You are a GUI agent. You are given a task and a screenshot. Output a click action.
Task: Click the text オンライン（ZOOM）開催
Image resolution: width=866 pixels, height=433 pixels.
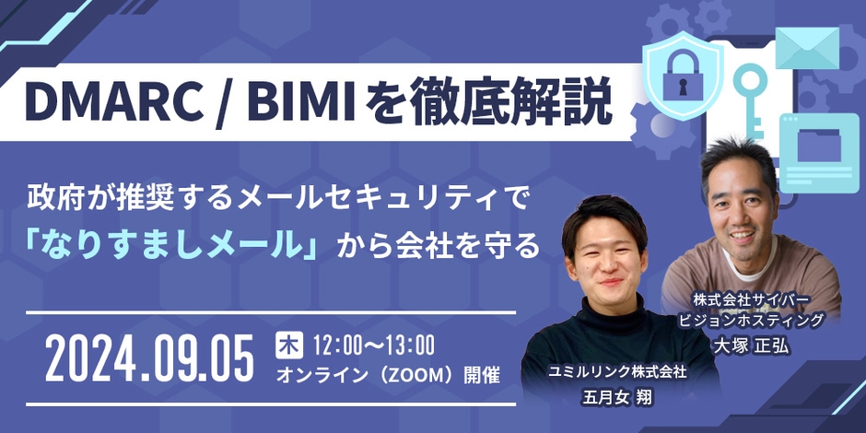coord(388,376)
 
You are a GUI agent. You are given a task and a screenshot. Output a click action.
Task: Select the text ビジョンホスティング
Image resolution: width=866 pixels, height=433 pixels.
coord(750,322)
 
